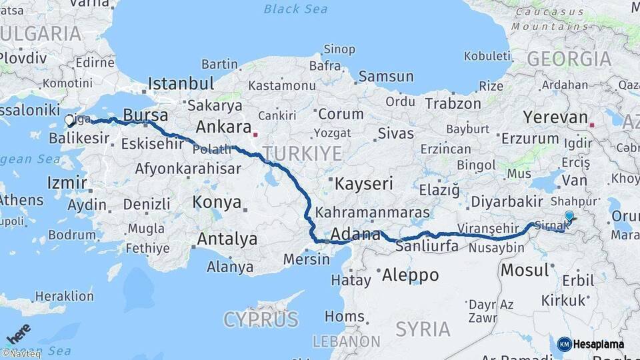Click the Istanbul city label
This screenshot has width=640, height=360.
click(181, 84)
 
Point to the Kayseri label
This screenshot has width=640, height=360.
click(364, 183)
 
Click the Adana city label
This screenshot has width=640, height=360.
click(355, 235)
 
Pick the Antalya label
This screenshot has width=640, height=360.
click(227, 239)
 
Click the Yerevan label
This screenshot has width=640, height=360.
click(555, 117)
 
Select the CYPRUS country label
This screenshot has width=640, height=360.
click(261, 320)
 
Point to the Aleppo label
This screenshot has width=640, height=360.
click(409, 275)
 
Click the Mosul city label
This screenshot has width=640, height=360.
click(523, 270)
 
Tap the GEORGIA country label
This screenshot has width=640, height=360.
click(569, 59)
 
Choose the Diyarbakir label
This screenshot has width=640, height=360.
click(508, 201)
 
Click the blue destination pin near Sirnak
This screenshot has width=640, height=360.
click(569, 216)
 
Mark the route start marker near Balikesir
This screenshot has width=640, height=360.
click(69, 121)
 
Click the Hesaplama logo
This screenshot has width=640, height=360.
click(591, 344)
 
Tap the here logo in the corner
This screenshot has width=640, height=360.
click(19, 334)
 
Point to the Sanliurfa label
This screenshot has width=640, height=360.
click(427, 246)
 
